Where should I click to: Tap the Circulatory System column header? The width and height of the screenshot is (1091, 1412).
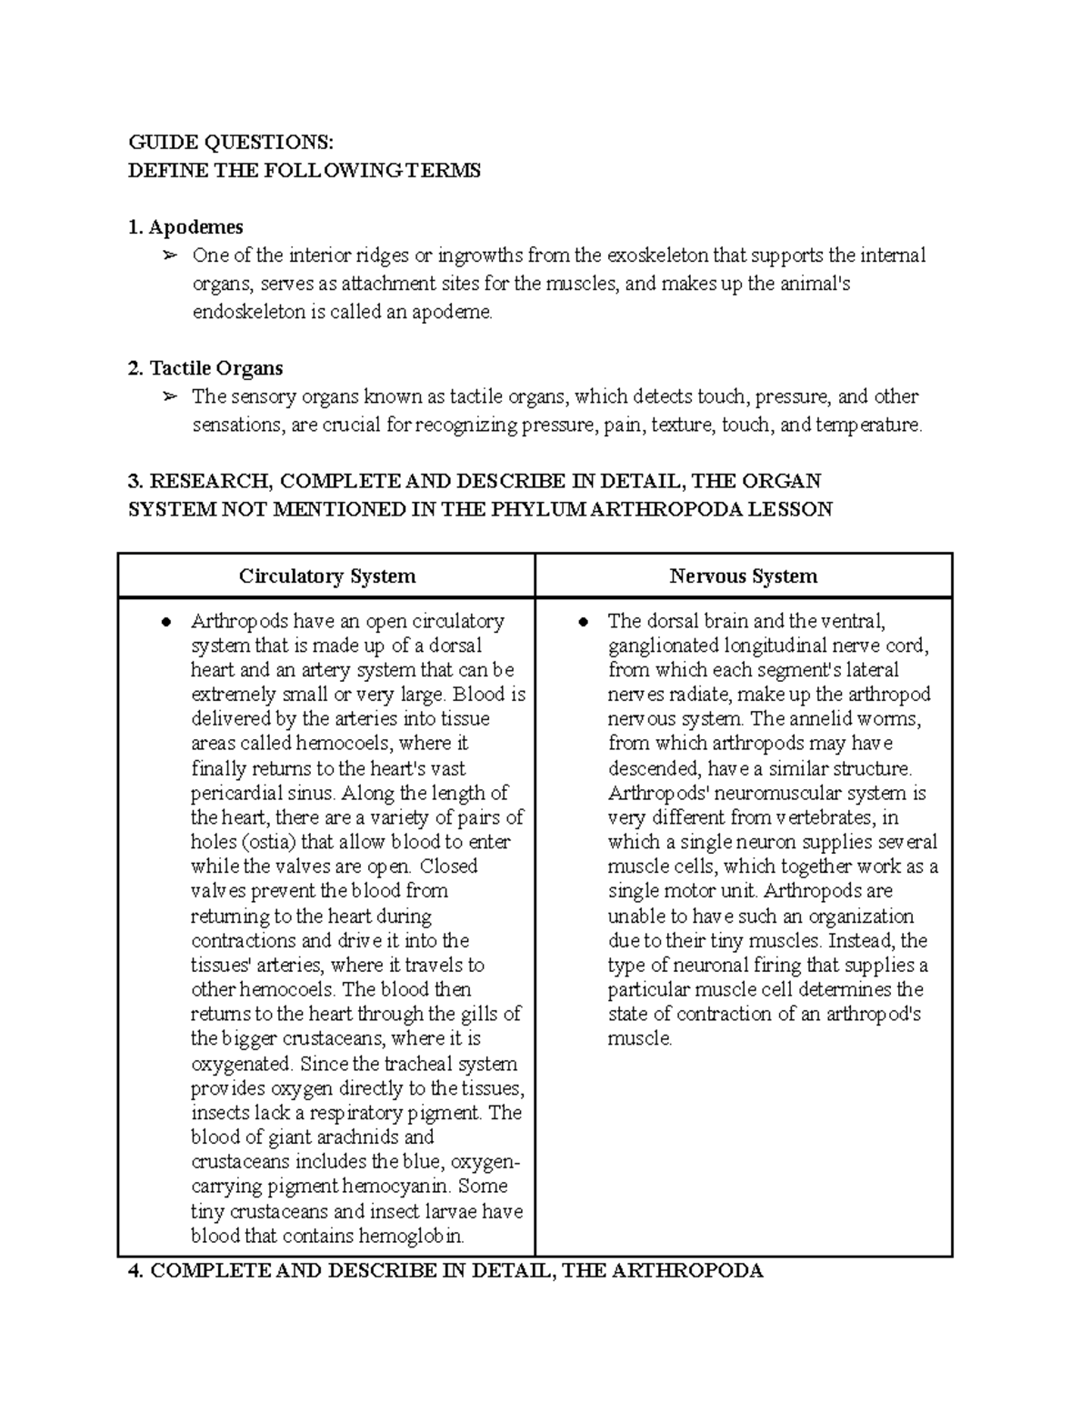pyautogui.click(x=327, y=576)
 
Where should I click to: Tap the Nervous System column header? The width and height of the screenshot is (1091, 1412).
pyautogui.click(x=743, y=576)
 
